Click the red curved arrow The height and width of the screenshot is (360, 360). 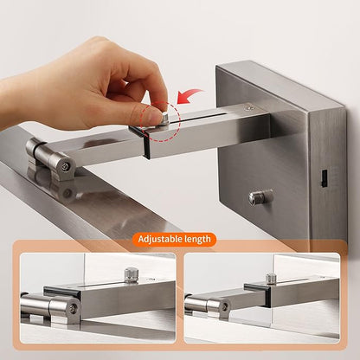point(188,95)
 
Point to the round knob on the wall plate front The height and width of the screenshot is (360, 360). point(260,196)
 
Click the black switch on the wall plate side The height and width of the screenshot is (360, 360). point(325,177)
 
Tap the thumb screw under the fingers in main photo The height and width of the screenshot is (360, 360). point(165,119)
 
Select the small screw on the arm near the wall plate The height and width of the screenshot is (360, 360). point(248,108)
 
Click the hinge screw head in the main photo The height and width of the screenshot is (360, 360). point(66,166)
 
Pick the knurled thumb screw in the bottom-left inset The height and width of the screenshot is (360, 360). point(131,275)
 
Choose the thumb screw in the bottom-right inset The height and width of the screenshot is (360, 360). point(271,278)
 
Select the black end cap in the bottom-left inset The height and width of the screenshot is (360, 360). point(62,292)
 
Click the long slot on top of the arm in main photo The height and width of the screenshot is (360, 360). point(199,117)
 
